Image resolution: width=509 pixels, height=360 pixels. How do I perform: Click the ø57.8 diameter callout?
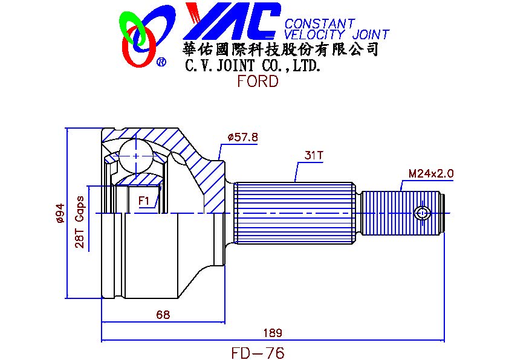(x=243, y=137)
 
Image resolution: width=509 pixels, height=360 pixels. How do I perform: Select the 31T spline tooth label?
(x=314, y=155)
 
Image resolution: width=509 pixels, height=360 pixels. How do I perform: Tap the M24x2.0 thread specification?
(x=431, y=173)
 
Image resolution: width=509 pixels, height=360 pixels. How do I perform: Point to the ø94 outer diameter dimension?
(x=60, y=213)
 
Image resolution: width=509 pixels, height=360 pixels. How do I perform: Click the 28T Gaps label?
(x=80, y=222)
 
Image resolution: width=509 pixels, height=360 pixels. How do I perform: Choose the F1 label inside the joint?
(x=143, y=201)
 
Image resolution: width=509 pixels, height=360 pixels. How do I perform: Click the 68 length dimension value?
(x=163, y=315)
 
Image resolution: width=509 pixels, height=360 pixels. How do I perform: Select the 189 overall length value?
(x=273, y=333)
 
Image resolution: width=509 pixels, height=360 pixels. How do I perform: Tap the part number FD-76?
(x=258, y=353)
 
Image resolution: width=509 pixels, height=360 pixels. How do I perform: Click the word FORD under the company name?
(x=258, y=81)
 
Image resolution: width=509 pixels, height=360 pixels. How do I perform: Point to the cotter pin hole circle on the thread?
(x=423, y=214)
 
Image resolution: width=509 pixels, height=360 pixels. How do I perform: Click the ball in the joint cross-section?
(x=135, y=156)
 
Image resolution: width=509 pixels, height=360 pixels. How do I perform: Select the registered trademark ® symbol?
(x=161, y=62)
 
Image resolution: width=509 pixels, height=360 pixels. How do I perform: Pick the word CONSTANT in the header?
(x=320, y=24)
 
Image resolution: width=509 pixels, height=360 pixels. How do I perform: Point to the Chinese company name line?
(x=280, y=50)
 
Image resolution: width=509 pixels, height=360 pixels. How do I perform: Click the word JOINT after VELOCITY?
(x=371, y=34)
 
